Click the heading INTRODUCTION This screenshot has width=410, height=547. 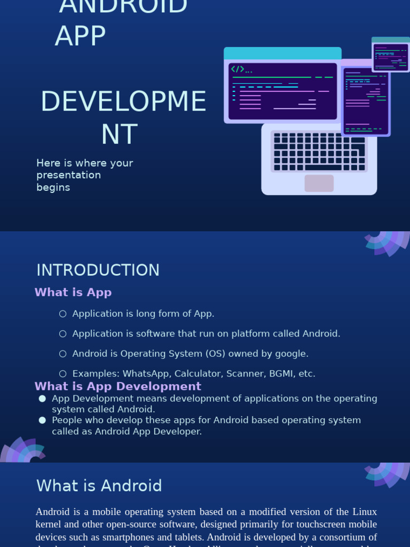point(98,270)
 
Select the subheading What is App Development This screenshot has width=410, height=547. point(117,386)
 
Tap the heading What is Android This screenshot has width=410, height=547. point(99,486)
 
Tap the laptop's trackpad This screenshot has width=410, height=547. point(319,183)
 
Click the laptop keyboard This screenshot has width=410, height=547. point(319,152)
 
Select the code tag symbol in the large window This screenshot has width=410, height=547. point(238,69)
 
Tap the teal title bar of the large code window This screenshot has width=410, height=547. point(282,53)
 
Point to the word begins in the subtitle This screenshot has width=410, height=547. point(53,187)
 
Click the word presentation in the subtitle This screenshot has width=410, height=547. point(68,175)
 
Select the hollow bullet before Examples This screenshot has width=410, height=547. point(63,374)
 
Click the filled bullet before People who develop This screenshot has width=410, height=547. point(42,420)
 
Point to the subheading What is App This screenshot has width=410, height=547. point(73,292)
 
